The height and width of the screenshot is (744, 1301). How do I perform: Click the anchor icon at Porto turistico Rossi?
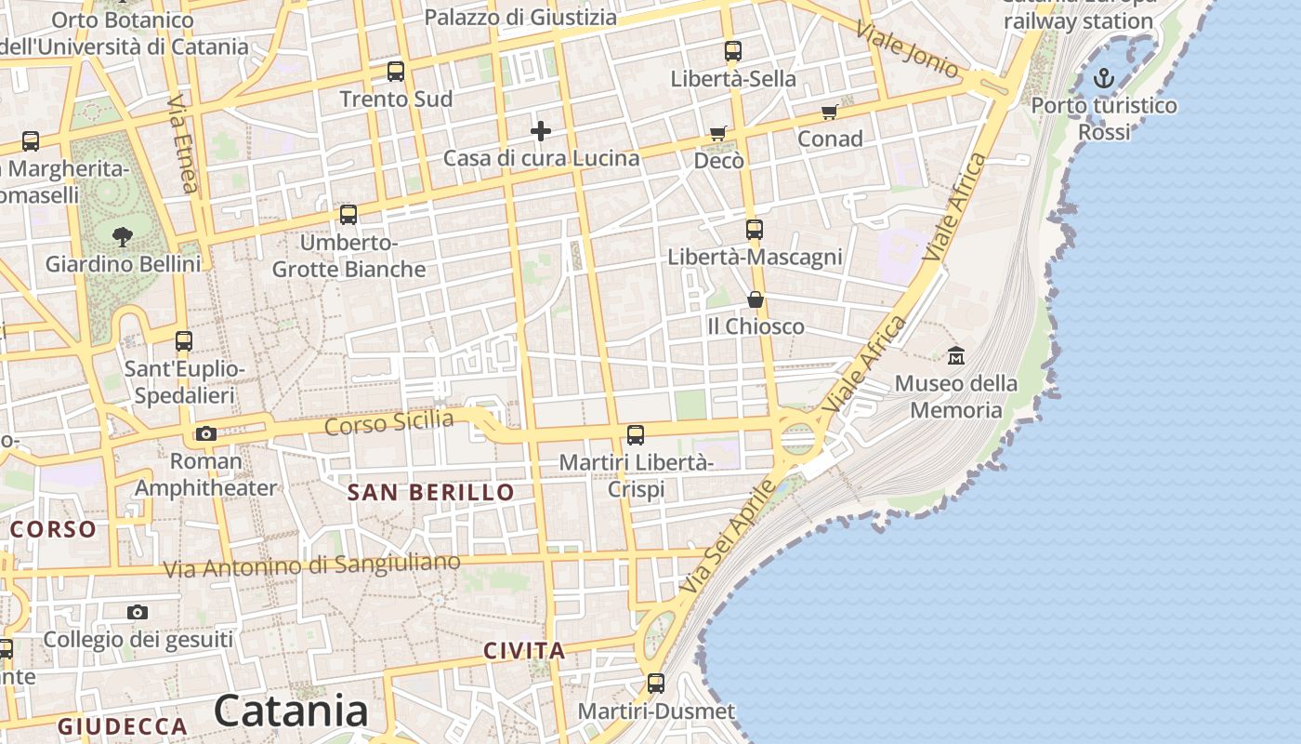1104,78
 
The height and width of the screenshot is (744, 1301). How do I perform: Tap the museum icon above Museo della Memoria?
956,355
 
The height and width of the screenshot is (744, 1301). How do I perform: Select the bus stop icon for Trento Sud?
396,72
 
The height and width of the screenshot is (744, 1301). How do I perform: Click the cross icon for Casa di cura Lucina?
541,131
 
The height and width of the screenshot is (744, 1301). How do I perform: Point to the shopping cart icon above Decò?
717,134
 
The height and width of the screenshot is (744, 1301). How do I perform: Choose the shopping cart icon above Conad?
830,113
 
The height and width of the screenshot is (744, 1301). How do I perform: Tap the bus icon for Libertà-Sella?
733,51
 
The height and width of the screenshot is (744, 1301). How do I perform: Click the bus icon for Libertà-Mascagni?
755,229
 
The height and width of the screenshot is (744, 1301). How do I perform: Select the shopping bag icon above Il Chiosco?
756,299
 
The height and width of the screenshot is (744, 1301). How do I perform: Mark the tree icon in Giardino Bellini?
122,236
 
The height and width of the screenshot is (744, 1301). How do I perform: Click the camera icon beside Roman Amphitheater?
206,433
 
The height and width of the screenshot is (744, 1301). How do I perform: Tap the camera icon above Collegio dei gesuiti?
138,612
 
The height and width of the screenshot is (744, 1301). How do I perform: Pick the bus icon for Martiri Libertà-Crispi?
636,434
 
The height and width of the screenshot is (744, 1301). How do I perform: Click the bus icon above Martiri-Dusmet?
656,684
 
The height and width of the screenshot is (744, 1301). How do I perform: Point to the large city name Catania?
291,711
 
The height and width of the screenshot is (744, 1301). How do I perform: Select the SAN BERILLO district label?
430,493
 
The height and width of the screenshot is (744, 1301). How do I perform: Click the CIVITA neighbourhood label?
524,651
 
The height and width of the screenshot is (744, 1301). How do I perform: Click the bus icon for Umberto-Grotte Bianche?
348,215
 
